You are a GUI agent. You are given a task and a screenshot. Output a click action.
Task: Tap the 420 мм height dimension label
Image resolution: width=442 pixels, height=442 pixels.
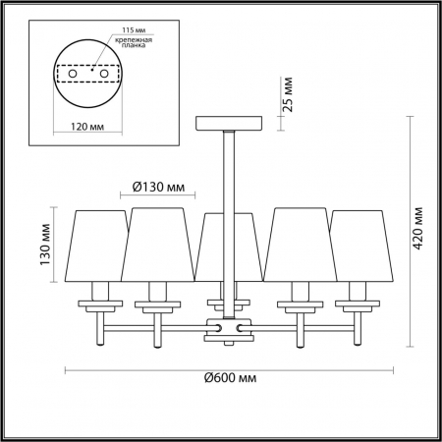pyautogui.click(x=419, y=228)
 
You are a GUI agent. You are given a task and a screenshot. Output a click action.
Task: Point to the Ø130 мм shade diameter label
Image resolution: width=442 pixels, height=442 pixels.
pyautogui.click(x=159, y=186)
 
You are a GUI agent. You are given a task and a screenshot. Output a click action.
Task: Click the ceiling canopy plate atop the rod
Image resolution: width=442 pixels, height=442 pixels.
pyautogui.click(x=231, y=122)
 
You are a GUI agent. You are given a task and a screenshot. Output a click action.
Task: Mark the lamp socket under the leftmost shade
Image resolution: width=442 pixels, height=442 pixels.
pyautogui.click(x=98, y=291)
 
